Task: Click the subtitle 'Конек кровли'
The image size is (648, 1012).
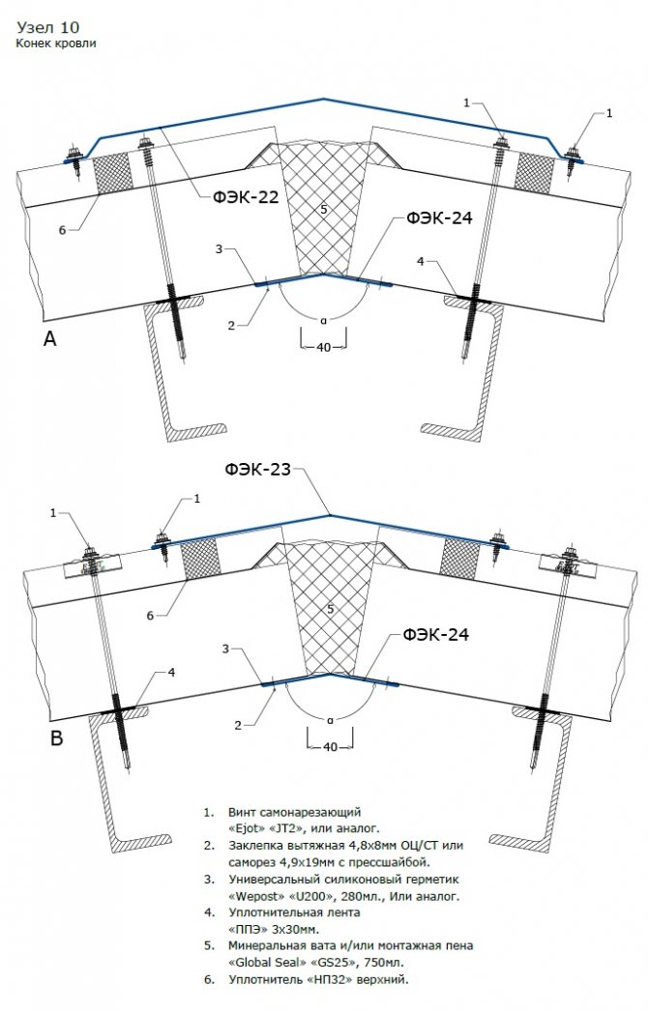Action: click(x=55, y=43)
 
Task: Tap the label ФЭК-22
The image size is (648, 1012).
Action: click(x=247, y=196)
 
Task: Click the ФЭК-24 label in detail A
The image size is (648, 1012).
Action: click(x=439, y=218)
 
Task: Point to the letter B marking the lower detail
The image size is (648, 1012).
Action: click(x=57, y=739)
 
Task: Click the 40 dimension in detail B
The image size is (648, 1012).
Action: click(x=330, y=747)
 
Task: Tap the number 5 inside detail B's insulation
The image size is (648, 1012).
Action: click(x=330, y=610)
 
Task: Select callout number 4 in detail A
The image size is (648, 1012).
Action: click(x=420, y=261)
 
